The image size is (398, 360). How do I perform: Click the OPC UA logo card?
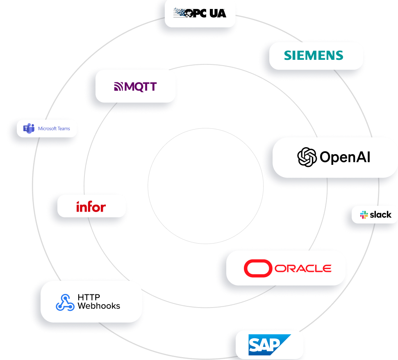click(x=201, y=14)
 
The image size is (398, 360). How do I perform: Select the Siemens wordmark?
click(x=314, y=55)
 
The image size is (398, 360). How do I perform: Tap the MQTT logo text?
click(x=141, y=87)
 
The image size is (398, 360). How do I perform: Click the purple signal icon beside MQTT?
click(x=118, y=87)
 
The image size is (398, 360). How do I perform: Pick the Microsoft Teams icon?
click(x=29, y=128)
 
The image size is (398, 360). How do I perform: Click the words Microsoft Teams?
click(x=54, y=128)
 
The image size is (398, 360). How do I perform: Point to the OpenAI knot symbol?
click(x=307, y=157)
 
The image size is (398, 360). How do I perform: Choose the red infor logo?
click(x=91, y=206)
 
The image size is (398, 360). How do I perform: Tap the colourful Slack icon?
click(x=364, y=215)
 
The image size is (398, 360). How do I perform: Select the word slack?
click(x=380, y=214)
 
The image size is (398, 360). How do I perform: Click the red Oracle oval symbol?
click(x=258, y=269)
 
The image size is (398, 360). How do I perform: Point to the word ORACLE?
click(x=303, y=269)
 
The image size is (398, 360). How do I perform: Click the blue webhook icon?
click(x=65, y=302)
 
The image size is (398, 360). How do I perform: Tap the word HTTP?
click(x=89, y=297)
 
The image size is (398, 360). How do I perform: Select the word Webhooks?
click(x=99, y=306)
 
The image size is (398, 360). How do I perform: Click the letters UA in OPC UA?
click(x=217, y=13)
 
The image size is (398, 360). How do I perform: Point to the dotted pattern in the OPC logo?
click(x=180, y=13)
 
